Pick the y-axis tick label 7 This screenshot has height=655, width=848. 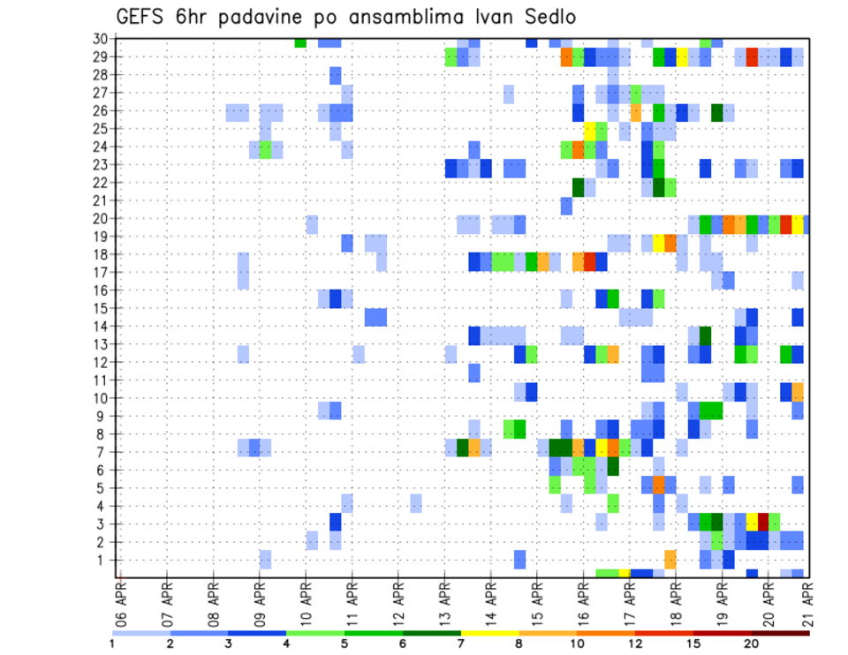pyautogui.click(x=102, y=452)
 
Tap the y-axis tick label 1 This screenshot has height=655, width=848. pyautogui.click(x=102, y=560)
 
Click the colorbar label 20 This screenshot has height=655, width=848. pyautogui.click(x=752, y=643)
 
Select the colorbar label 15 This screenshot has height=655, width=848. pyautogui.click(x=693, y=643)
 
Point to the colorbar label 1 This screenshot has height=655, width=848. pyautogui.click(x=113, y=643)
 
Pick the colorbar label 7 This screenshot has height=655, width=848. pyautogui.click(x=461, y=643)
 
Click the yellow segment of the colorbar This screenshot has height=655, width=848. pyautogui.click(x=490, y=632)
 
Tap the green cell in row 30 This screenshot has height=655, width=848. pyautogui.click(x=300, y=42)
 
